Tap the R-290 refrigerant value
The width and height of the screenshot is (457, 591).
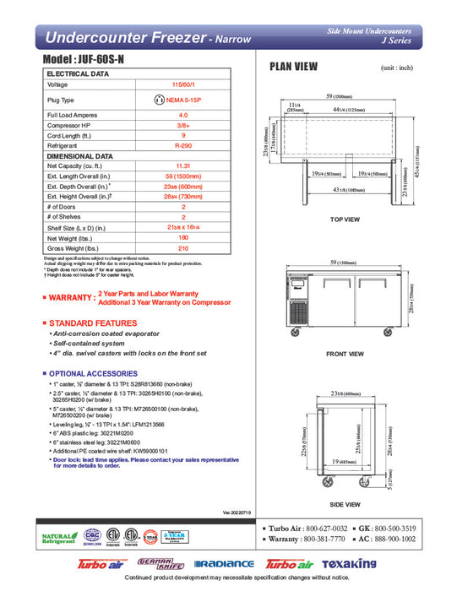(x=182, y=145)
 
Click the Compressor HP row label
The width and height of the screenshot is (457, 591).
(x=69, y=124)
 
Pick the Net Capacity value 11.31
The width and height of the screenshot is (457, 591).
(x=182, y=166)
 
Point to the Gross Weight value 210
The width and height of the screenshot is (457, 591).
(x=182, y=249)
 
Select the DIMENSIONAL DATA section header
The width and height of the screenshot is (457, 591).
(x=79, y=156)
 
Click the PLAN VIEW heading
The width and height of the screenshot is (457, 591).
(x=293, y=67)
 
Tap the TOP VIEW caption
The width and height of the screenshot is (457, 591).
(x=345, y=220)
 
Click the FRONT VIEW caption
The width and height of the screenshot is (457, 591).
(x=345, y=355)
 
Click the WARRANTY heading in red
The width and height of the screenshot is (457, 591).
(x=71, y=298)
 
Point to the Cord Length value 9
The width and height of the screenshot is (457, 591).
(x=182, y=135)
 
